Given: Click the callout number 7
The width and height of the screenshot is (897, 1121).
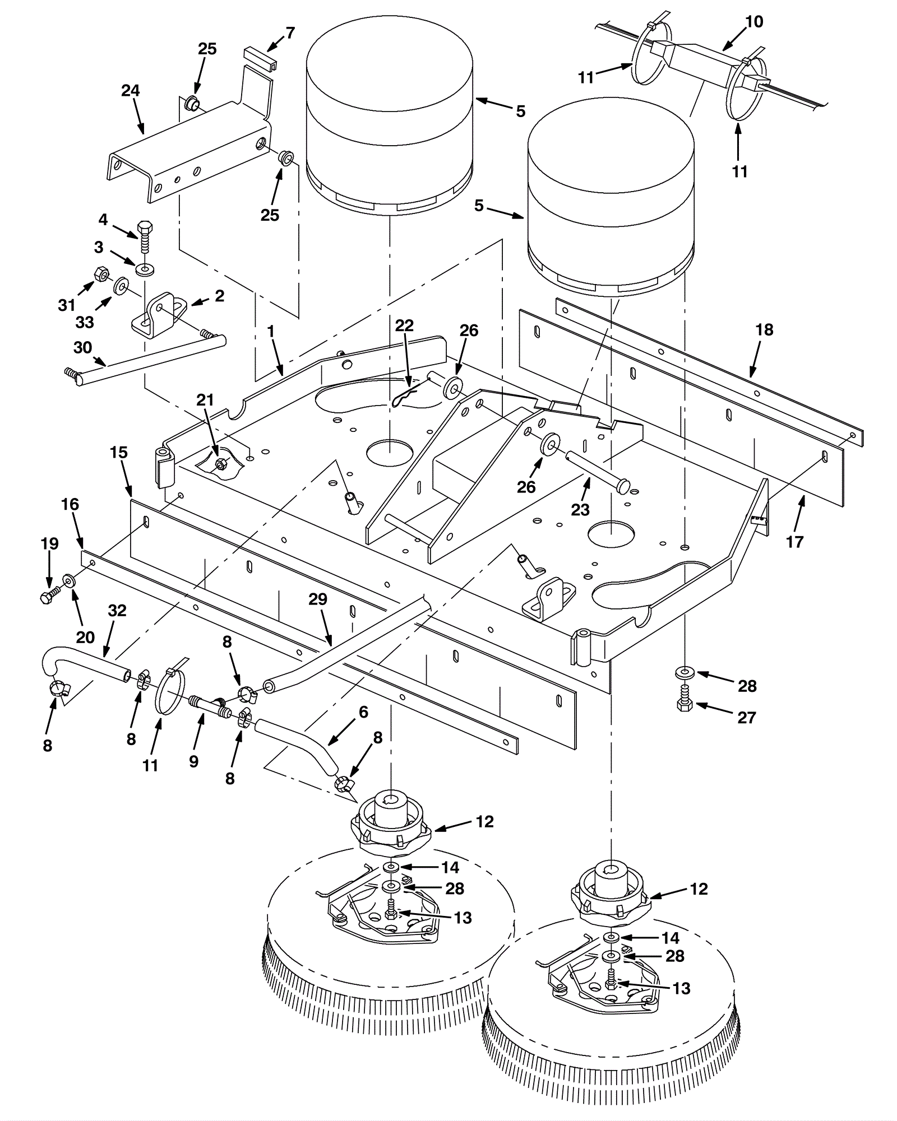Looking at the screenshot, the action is pos(290,33).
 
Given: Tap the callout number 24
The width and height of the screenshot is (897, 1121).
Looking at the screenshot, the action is pos(131,91).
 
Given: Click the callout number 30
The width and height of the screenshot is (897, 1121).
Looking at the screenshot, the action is pos(82,348).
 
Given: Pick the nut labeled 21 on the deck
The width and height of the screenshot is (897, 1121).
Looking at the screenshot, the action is pos(221,463).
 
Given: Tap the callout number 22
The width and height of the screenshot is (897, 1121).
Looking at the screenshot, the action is pos(404,325).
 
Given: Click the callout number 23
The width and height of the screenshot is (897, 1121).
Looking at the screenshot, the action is pos(580,509).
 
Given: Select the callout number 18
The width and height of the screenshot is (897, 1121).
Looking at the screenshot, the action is pos(765,329).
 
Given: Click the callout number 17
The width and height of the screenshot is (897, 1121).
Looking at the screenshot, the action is pos(795,542).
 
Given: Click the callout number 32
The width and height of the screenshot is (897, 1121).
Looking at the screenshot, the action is pos(117,610).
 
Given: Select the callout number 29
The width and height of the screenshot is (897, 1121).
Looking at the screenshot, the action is pos(318,599).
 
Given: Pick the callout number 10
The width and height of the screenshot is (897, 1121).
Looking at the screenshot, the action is pos(755,22).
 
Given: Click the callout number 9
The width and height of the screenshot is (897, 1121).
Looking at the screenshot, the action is pos(194,761).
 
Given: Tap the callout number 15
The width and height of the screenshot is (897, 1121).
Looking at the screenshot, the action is pos(119,452).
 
